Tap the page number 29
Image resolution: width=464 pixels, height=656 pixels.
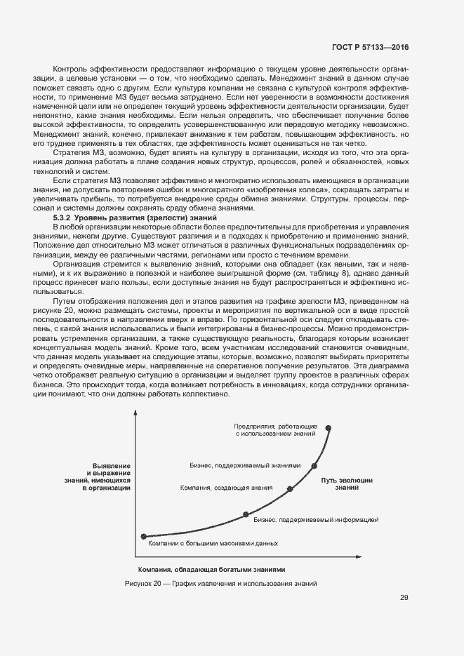(404, 598)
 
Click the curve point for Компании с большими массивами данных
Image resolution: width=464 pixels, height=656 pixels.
(144, 536)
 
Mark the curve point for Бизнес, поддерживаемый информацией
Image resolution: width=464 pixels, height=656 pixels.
(246, 514)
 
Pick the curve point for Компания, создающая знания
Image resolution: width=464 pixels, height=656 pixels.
(289, 488)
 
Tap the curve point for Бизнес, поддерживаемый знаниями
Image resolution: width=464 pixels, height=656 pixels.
(314, 464)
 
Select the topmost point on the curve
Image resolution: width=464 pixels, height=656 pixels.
(328, 427)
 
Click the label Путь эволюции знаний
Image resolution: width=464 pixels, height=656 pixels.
(347, 483)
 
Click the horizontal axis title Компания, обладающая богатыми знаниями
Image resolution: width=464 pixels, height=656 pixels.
(212, 569)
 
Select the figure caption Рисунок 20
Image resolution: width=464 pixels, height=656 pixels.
(220, 583)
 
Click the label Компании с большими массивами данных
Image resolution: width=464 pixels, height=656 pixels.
(213, 542)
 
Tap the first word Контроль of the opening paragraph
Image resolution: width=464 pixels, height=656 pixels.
(69, 69)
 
